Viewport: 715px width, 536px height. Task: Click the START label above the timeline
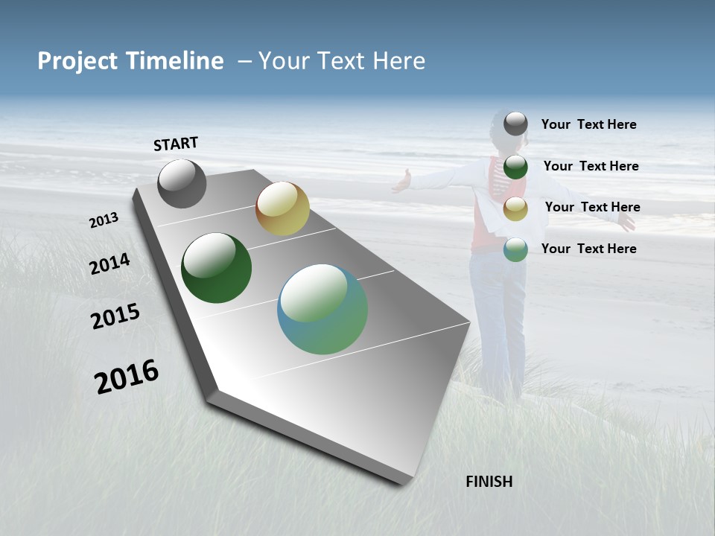coord(176,144)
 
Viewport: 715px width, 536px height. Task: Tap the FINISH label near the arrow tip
coord(489,482)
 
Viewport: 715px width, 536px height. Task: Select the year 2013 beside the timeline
coord(104,220)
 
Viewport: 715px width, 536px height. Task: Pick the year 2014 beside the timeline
coord(109,264)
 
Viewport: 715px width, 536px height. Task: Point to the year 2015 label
coord(115,316)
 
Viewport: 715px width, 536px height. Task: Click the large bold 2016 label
coord(127,377)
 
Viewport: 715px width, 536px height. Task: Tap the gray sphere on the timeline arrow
coord(182,183)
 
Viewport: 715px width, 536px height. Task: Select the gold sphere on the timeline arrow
coord(282,208)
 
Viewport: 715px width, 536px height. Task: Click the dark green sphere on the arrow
coord(216,268)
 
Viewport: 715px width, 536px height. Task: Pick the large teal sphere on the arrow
coord(322,309)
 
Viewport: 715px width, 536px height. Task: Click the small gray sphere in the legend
coord(515,124)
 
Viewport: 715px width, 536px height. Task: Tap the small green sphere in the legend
coord(515,167)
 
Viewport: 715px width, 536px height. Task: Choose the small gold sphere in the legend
coord(515,208)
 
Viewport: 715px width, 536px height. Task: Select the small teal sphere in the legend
coord(515,249)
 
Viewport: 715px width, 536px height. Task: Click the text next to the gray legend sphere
coord(588,124)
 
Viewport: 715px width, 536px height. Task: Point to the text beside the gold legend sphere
coord(592,207)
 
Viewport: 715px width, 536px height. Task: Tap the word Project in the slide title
coord(76,61)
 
